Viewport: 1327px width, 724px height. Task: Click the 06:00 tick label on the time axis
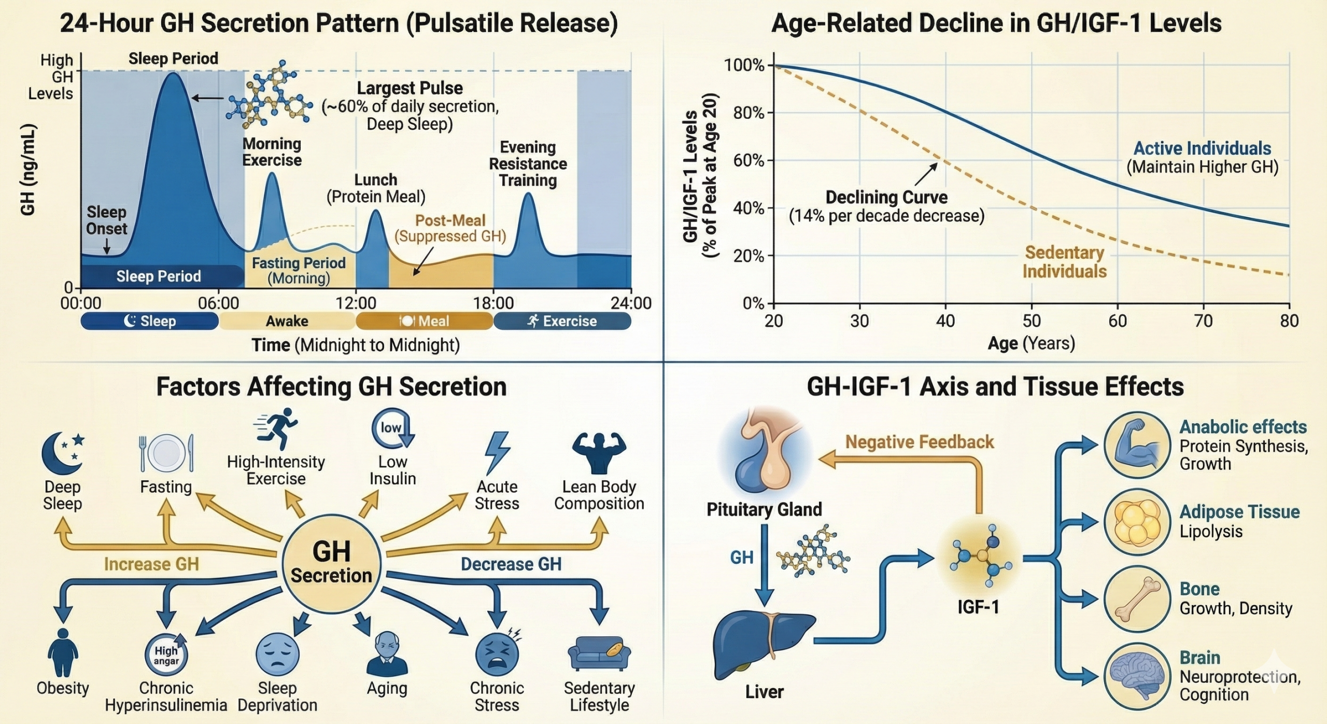pos(218,303)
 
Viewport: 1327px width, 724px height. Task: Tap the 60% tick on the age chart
pos(748,160)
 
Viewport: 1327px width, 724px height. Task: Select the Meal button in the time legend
pos(424,322)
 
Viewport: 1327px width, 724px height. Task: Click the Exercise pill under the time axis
pos(562,322)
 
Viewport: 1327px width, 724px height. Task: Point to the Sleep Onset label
pos(106,220)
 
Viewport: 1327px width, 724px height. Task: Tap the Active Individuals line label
pos(1202,149)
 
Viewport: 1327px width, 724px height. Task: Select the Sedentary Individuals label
pos(1065,262)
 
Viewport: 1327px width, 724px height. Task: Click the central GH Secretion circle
pos(331,563)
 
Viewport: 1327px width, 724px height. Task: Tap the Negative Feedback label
pos(919,442)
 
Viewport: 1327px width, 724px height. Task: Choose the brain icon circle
pos(1137,676)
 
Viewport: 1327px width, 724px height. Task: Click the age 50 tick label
pos(1031,321)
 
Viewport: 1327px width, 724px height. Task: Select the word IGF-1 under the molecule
pos(978,607)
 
